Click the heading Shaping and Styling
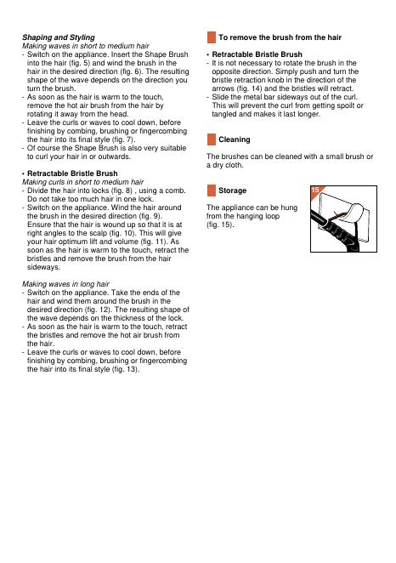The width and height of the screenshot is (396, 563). click(59, 37)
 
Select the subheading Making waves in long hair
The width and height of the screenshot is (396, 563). click(65, 284)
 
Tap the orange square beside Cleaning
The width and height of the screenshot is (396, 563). click(212, 139)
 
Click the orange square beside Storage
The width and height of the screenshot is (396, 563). click(212, 191)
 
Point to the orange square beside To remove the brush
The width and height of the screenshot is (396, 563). click(212, 37)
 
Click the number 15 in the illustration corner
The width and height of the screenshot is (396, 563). click(315, 190)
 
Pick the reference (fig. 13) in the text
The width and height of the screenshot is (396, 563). click(125, 369)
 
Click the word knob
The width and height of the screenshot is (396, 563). click(275, 80)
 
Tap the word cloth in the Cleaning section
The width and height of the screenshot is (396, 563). click(235, 165)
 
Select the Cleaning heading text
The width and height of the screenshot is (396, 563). click(235, 139)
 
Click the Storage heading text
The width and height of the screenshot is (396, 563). click(233, 191)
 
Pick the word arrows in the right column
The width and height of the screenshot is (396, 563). click(223, 88)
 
